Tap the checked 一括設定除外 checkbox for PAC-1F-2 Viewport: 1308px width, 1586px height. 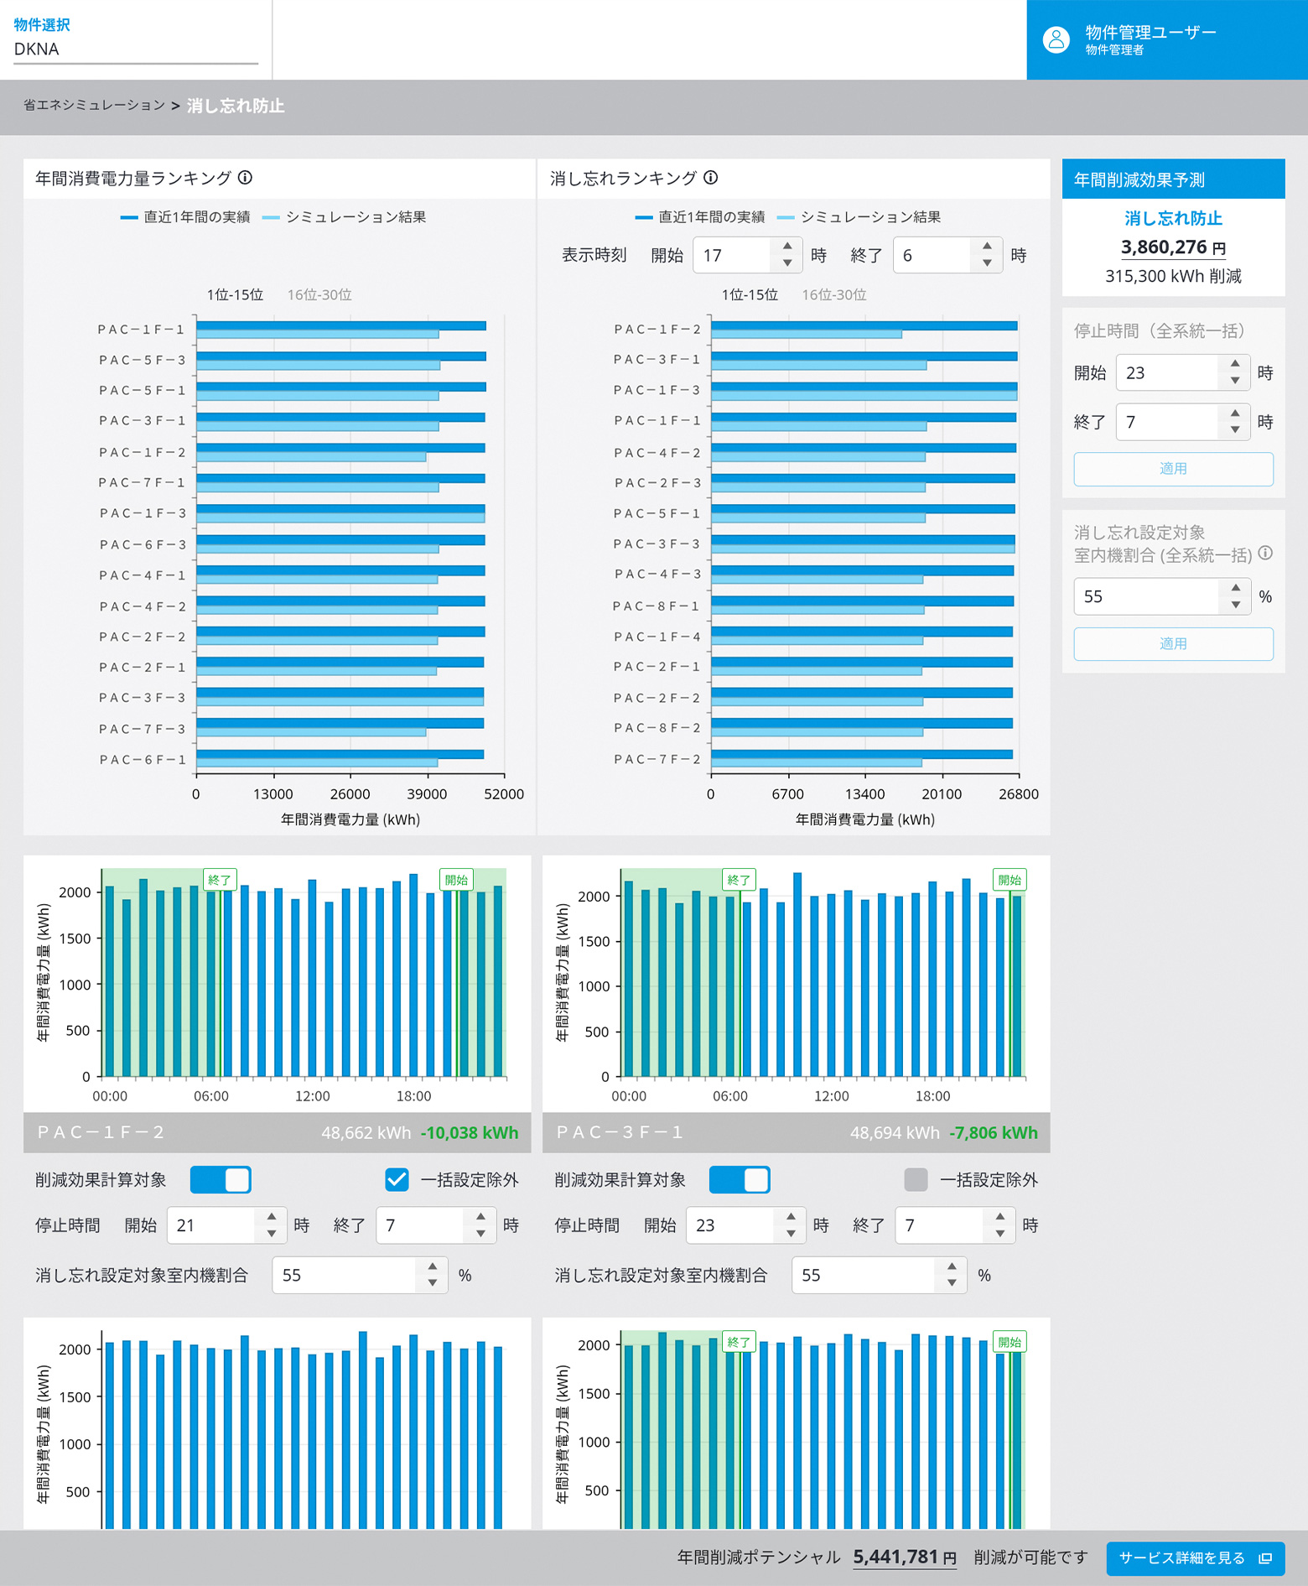(397, 1179)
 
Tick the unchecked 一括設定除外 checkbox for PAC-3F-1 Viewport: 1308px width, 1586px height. (916, 1179)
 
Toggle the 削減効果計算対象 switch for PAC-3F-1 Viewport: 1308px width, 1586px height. (739, 1179)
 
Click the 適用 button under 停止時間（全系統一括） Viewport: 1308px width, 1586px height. (1173, 469)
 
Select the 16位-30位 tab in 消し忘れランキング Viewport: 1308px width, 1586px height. (833, 294)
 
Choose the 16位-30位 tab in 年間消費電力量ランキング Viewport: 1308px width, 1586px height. (319, 294)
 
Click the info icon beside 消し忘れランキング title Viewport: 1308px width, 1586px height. (711, 178)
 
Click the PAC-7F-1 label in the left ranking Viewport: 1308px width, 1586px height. (142, 482)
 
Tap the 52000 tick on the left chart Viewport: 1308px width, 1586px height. (504, 794)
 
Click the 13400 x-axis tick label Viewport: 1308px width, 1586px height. (864, 794)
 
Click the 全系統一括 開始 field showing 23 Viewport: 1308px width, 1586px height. (1166, 372)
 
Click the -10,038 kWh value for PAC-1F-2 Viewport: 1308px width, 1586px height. (469, 1132)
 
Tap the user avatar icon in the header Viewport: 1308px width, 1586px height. (1056, 39)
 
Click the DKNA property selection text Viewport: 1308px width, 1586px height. (37, 49)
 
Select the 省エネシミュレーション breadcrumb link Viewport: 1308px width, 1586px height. (94, 106)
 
